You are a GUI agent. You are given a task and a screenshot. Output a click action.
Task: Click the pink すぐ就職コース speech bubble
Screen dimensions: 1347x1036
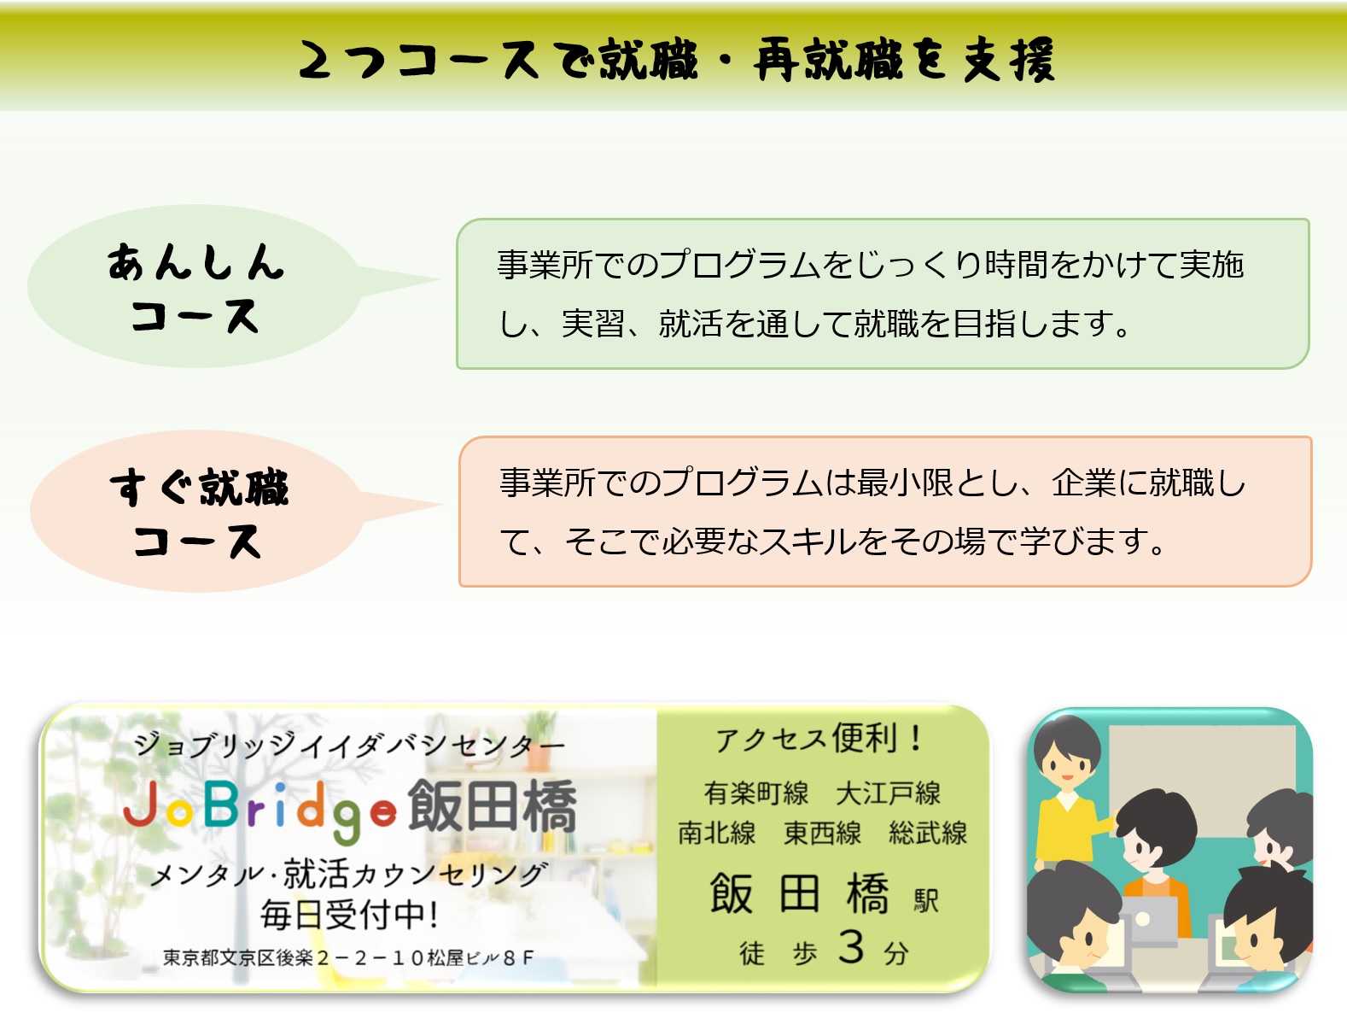pos(197,512)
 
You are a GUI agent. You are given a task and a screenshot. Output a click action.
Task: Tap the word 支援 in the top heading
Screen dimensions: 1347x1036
pos(1009,60)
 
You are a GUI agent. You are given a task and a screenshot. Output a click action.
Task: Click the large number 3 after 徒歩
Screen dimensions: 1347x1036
pos(850,946)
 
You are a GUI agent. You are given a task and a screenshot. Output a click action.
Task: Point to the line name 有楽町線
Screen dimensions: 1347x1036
pos(755,793)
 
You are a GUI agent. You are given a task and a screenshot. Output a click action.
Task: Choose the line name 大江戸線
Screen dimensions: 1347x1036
pos(888,793)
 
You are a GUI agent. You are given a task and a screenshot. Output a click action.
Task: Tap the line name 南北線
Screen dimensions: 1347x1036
pos(716,833)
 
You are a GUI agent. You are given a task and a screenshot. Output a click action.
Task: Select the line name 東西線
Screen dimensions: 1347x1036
pos(822,833)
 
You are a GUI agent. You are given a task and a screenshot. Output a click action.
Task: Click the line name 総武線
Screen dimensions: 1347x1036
pos(927,833)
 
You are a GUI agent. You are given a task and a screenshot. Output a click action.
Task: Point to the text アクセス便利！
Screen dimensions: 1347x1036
pos(819,739)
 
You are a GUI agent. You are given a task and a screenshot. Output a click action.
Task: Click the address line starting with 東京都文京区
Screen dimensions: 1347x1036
pos(347,958)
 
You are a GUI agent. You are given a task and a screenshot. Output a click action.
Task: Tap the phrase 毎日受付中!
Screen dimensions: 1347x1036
pos(350,915)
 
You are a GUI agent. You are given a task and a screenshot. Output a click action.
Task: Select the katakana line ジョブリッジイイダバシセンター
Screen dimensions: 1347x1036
pos(349,744)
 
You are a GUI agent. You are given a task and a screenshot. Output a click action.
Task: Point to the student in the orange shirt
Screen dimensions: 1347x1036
pos(1154,862)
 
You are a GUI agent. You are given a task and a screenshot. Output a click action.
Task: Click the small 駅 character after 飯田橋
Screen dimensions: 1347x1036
pos(926,900)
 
